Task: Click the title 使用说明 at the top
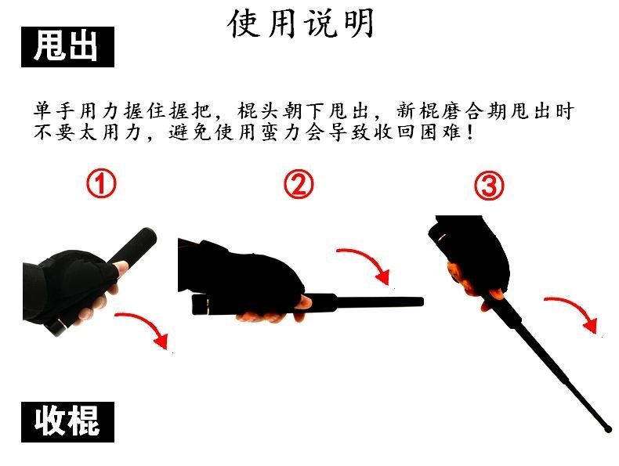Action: tap(301, 23)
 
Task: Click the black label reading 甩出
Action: tap(67, 46)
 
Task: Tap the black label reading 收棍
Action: tap(67, 422)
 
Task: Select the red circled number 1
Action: tap(101, 184)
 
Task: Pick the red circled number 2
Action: tap(299, 184)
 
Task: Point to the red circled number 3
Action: tap(489, 186)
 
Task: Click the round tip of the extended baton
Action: tap(607, 428)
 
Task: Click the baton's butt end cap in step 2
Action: tap(199, 305)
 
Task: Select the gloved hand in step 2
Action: tap(241, 273)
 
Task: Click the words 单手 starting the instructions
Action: tap(54, 111)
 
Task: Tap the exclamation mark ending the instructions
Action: tap(469, 132)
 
